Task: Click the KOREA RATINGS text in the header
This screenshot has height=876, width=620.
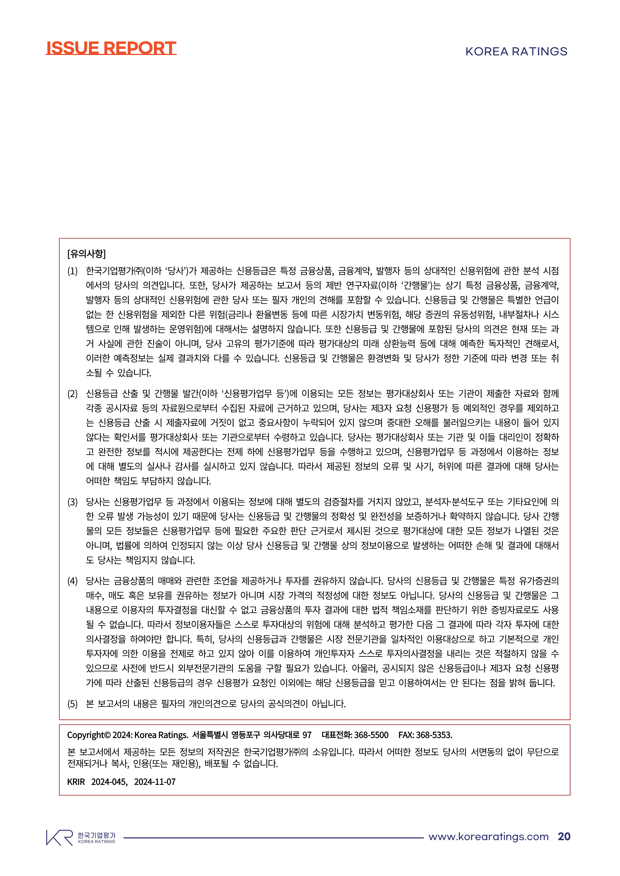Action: point(516,51)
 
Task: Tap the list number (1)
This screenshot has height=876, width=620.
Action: point(72,271)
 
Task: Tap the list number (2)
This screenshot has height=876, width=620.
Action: point(72,394)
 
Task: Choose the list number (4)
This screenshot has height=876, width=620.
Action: point(72,581)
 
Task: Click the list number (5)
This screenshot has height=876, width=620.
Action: point(72,704)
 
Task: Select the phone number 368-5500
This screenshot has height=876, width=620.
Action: point(371,735)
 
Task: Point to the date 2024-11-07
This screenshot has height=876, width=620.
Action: point(155,782)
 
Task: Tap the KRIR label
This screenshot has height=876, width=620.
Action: point(76,782)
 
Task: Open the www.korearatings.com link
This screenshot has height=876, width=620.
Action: point(488,837)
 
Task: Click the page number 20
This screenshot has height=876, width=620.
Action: point(564,837)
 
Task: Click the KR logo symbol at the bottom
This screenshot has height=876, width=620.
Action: point(59,838)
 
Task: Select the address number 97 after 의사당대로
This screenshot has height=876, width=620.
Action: point(307,735)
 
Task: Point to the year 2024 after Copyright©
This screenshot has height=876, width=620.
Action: point(122,735)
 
